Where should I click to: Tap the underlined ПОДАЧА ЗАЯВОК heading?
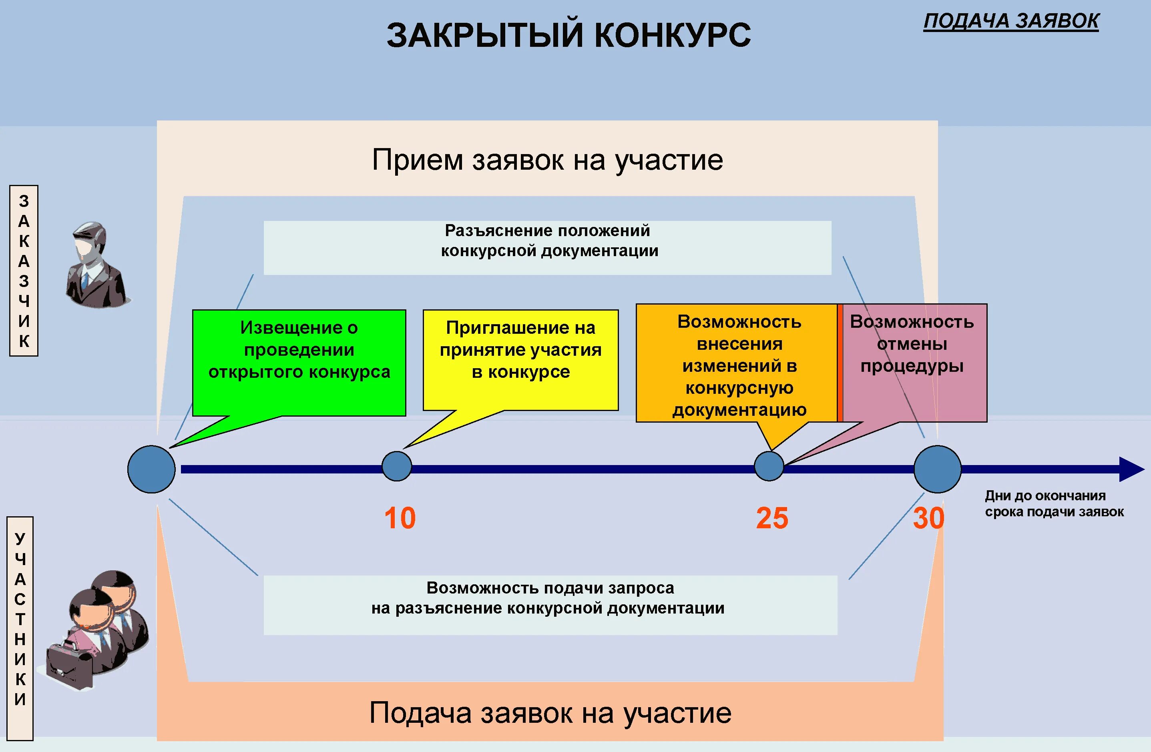[x=1011, y=21]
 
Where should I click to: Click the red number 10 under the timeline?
[x=400, y=518]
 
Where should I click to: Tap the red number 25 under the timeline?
[x=772, y=518]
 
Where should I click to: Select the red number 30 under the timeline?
[x=928, y=518]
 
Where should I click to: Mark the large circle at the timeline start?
[x=151, y=469]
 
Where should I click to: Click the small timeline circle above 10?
[x=397, y=466]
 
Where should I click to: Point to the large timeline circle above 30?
[x=937, y=469]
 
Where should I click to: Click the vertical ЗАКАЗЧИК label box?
[x=24, y=271]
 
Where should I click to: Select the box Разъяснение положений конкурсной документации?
[x=547, y=248]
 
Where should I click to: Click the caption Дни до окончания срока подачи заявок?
[x=1054, y=503]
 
